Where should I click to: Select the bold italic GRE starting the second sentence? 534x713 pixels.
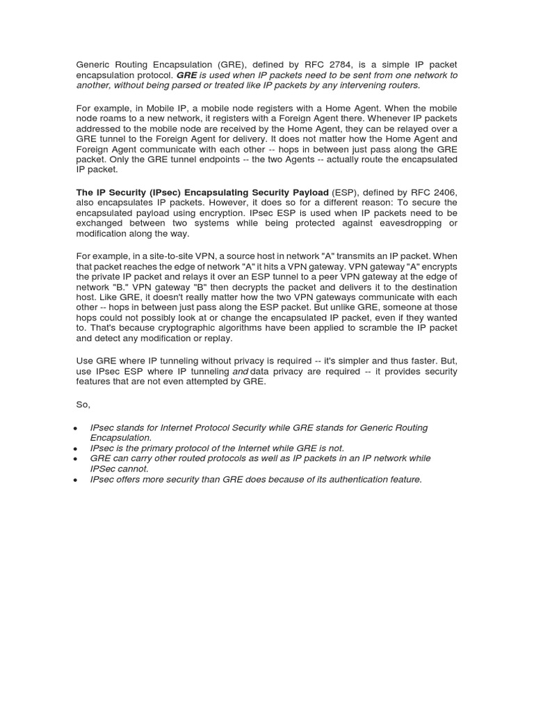tap(187, 75)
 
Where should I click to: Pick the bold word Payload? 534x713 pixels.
tap(305, 192)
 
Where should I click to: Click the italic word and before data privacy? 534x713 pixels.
tap(240, 372)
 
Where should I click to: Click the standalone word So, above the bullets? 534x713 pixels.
tap(83, 405)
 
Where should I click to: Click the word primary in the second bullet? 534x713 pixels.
tap(147, 448)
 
